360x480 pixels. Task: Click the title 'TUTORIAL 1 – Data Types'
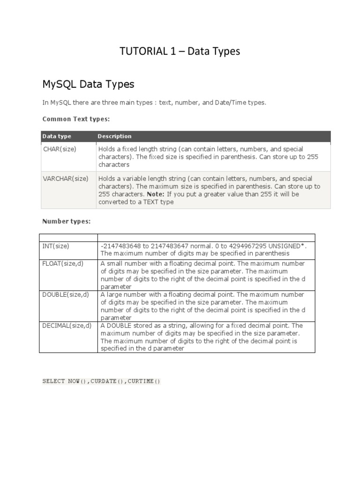tap(180, 52)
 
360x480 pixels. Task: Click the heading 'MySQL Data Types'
tap(88, 84)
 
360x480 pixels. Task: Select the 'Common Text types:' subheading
tap(76, 119)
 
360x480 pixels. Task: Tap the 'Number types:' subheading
tap(66, 221)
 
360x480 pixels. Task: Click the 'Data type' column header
tap(57, 136)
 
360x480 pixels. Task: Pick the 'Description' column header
tap(114, 136)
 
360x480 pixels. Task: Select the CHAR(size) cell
tap(60, 149)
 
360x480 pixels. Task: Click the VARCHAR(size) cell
tap(66, 179)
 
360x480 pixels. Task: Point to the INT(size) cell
tap(55, 246)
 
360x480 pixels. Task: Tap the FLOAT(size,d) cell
tap(63, 264)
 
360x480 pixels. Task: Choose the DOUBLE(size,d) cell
tap(66, 295)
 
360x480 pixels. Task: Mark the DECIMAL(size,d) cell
tap(67, 326)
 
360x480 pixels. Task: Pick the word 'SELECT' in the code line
tap(53, 381)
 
